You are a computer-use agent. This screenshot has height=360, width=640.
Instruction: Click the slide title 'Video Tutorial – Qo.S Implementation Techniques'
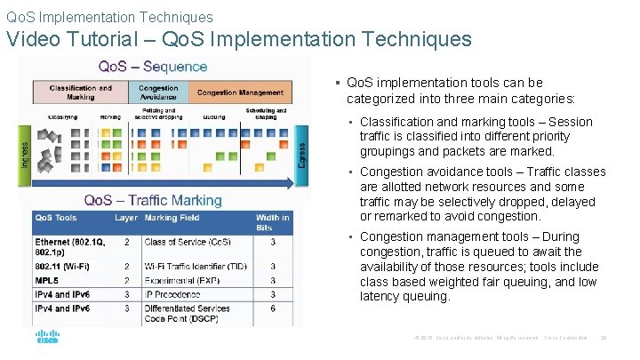pyautogui.click(x=239, y=39)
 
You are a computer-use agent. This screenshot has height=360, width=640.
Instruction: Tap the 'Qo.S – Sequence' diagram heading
pyautogui.click(x=152, y=67)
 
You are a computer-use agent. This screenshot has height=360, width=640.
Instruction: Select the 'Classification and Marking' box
pyautogui.click(x=80, y=92)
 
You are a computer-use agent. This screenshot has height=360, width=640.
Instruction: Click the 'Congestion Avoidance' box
pyautogui.click(x=159, y=92)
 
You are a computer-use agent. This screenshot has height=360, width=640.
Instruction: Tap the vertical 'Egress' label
pyautogui.click(x=302, y=146)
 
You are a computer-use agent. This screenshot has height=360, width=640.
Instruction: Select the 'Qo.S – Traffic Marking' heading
pyautogui.click(x=152, y=200)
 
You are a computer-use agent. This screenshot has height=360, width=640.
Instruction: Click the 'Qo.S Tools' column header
pyautogui.click(x=56, y=218)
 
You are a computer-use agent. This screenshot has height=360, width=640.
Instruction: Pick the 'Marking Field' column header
pyautogui.click(x=173, y=218)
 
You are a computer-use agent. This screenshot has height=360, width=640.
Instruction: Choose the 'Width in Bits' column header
pyautogui.click(x=272, y=222)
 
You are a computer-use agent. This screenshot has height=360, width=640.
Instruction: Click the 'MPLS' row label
pyautogui.click(x=48, y=279)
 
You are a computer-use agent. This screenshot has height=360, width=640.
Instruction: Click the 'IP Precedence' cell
pyautogui.click(x=174, y=293)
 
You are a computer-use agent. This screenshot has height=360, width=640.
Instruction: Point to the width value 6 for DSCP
pyautogui.click(x=272, y=308)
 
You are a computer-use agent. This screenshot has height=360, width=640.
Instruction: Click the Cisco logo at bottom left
pyautogui.click(x=47, y=339)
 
